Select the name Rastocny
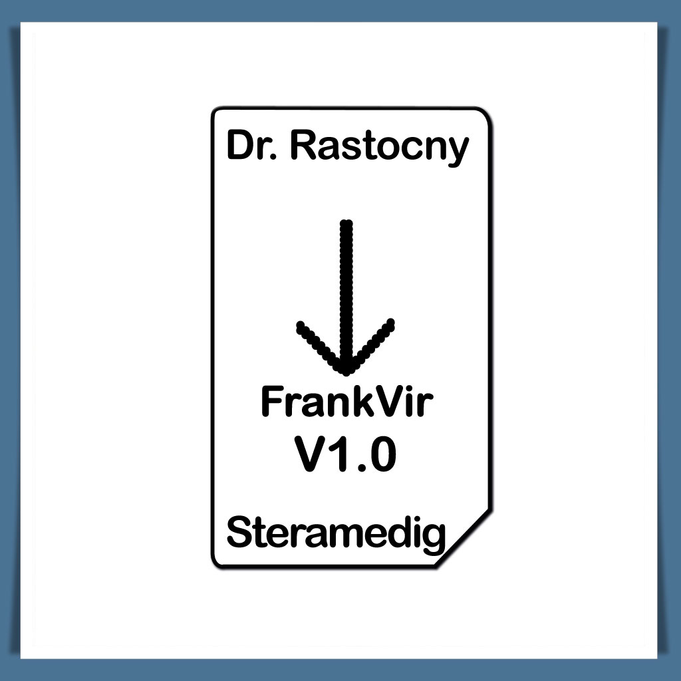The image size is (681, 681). click(380, 148)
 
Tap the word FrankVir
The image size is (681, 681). click(346, 403)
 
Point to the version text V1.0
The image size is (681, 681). click(346, 455)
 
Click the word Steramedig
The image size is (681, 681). click(336, 533)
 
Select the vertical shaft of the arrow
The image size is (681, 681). click(346, 286)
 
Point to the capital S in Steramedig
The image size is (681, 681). click(240, 533)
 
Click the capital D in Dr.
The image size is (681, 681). click(239, 146)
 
